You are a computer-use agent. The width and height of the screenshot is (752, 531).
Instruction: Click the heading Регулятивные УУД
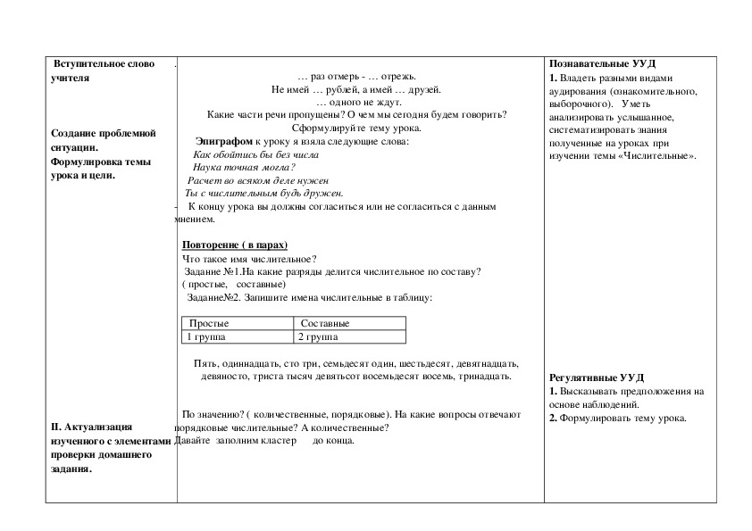click(595, 378)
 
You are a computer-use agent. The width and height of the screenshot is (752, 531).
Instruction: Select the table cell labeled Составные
click(325, 323)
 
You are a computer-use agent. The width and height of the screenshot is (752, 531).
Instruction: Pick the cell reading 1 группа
click(206, 337)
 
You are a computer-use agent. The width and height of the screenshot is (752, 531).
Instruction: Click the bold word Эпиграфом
click(223, 141)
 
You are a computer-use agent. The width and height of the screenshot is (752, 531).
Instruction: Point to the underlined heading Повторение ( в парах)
click(235, 245)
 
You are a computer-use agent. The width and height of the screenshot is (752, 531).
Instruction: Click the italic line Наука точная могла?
click(244, 167)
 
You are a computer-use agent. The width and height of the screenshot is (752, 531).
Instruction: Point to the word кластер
click(277, 440)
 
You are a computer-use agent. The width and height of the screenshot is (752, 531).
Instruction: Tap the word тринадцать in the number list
click(484, 376)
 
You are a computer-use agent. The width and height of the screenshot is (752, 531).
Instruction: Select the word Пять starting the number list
click(204, 363)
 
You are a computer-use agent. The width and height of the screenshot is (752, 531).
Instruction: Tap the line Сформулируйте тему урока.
click(356, 128)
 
